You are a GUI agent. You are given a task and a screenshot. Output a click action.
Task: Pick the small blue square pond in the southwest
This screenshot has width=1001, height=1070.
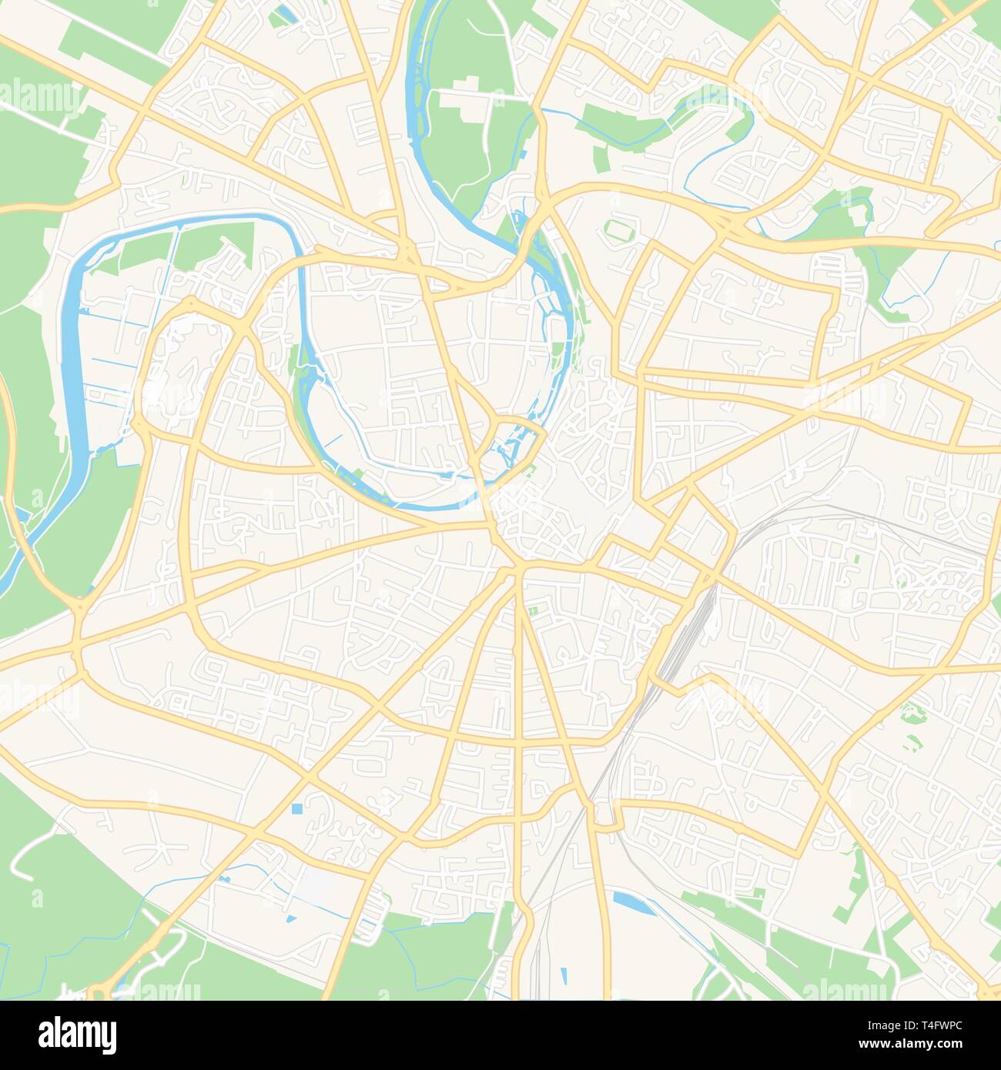pyautogui.click(x=297, y=809)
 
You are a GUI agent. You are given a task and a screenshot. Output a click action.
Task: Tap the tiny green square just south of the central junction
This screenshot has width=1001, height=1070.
pyautogui.click(x=532, y=613)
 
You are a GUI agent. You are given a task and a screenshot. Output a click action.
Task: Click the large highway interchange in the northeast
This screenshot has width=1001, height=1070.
pyautogui.click(x=727, y=224)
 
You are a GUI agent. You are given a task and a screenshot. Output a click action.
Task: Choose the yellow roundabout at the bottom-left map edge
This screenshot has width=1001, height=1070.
pyautogui.click(x=98, y=991)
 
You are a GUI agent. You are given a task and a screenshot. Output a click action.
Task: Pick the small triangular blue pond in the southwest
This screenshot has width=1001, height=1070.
pyautogui.click(x=290, y=918)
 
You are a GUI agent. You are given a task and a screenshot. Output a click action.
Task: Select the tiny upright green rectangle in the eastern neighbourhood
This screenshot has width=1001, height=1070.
pyautogui.click(x=855, y=558)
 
